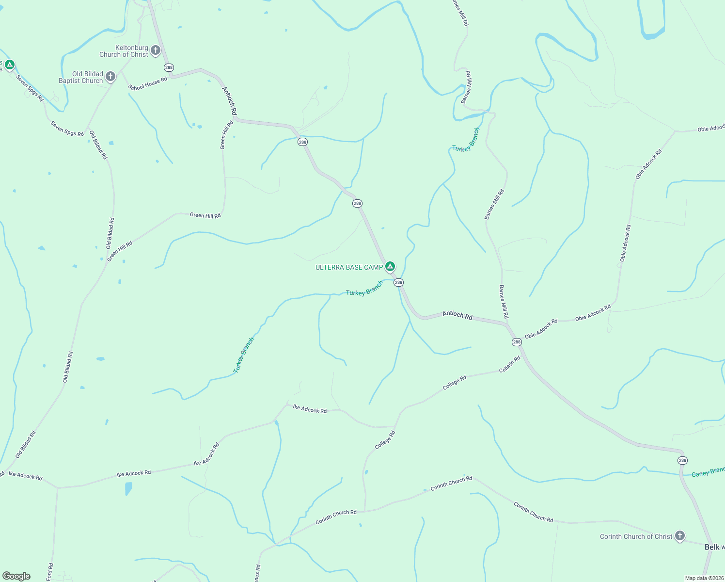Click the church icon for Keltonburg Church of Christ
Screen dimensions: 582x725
[156, 50]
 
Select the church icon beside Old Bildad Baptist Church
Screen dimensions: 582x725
[110, 76]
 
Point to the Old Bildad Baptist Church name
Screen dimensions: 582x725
[81, 77]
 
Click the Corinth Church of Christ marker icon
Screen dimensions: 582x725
[680, 535]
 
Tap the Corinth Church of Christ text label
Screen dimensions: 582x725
[636, 536]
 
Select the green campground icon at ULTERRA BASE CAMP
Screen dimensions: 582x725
[390, 266]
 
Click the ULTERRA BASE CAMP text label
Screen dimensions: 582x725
[349, 267]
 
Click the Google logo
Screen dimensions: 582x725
[16, 576]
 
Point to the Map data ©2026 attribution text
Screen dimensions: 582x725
[704, 578]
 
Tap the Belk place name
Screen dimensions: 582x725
[711, 547]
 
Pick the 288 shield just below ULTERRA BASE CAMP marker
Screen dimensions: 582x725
[398, 282]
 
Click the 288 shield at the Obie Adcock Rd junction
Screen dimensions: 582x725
[517, 342]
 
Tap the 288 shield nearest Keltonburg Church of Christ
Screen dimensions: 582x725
[169, 67]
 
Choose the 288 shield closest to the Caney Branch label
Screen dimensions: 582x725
[682, 460]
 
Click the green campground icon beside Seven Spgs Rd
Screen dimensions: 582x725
[9, 65]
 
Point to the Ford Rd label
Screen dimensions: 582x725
[50, 572]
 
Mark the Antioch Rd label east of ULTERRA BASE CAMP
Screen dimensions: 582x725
[457, 315]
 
